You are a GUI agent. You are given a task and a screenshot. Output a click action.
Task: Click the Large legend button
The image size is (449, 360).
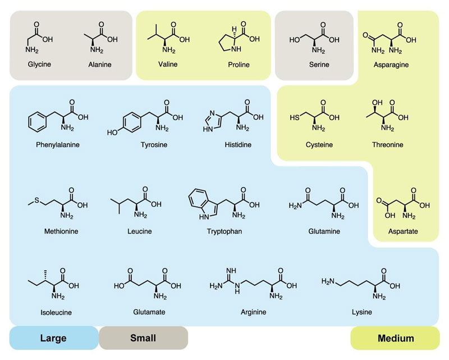(54, 338)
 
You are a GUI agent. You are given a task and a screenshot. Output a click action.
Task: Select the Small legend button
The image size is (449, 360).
(144, 338)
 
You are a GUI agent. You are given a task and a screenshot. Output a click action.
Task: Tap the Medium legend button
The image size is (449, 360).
(395, 338)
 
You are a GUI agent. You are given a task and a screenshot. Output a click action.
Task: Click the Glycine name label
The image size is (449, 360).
(39, 64)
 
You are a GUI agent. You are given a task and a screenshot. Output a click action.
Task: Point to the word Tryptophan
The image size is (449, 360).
(224, 231)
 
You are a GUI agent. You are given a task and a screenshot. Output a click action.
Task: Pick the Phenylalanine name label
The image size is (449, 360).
(58, 145)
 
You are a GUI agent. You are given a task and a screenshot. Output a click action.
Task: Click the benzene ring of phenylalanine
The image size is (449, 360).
(38, 122)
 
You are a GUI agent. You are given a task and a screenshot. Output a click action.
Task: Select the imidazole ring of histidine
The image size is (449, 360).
(213, 121)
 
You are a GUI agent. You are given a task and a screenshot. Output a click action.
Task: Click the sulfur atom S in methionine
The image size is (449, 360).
(36, 200)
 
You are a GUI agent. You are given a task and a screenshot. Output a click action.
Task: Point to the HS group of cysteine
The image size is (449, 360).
(294, 117)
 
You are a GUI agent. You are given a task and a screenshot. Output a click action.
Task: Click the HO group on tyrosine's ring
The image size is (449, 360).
(112, 133)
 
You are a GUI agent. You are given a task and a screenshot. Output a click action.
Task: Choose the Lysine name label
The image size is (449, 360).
(362, 312)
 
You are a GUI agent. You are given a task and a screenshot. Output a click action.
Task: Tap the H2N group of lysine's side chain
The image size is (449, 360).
(328, 281)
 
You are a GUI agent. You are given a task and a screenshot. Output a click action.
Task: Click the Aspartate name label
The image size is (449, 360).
(403, 231)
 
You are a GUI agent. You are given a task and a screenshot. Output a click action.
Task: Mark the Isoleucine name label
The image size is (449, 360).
(56, 312)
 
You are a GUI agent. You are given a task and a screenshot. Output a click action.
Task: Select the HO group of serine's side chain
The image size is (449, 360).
(294, 39)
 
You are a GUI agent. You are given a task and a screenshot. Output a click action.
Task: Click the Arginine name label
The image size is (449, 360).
(254, 312)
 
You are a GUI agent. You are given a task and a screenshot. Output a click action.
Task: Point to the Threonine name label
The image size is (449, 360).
(387, 145)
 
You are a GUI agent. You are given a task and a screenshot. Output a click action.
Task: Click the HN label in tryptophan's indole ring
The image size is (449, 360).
(204, 217)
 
